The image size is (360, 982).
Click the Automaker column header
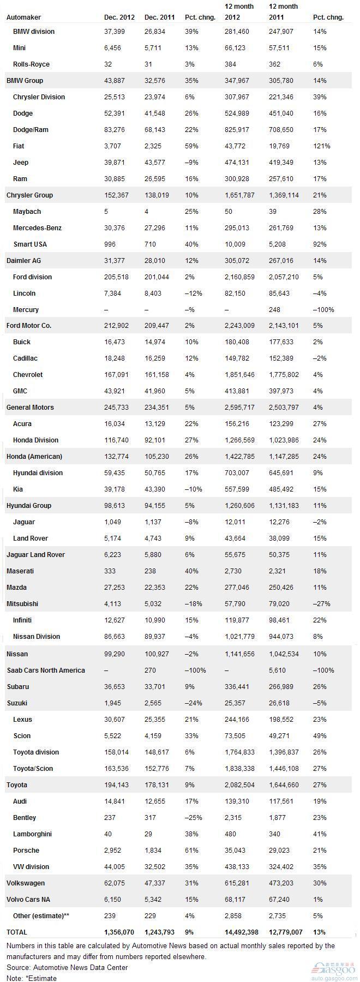click(23, 17)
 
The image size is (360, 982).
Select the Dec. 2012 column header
click(118, 17)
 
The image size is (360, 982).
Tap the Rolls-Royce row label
click(31, 64)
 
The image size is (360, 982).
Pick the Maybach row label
click(27, 212)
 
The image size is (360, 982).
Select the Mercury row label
click(26, 310)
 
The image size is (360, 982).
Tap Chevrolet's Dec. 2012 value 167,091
click(116, 375)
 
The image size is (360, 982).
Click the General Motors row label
click(30, 408)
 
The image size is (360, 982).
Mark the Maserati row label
click(20, 571)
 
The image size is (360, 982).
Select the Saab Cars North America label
click(46, 670)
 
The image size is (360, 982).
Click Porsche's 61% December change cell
click(191, 851)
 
